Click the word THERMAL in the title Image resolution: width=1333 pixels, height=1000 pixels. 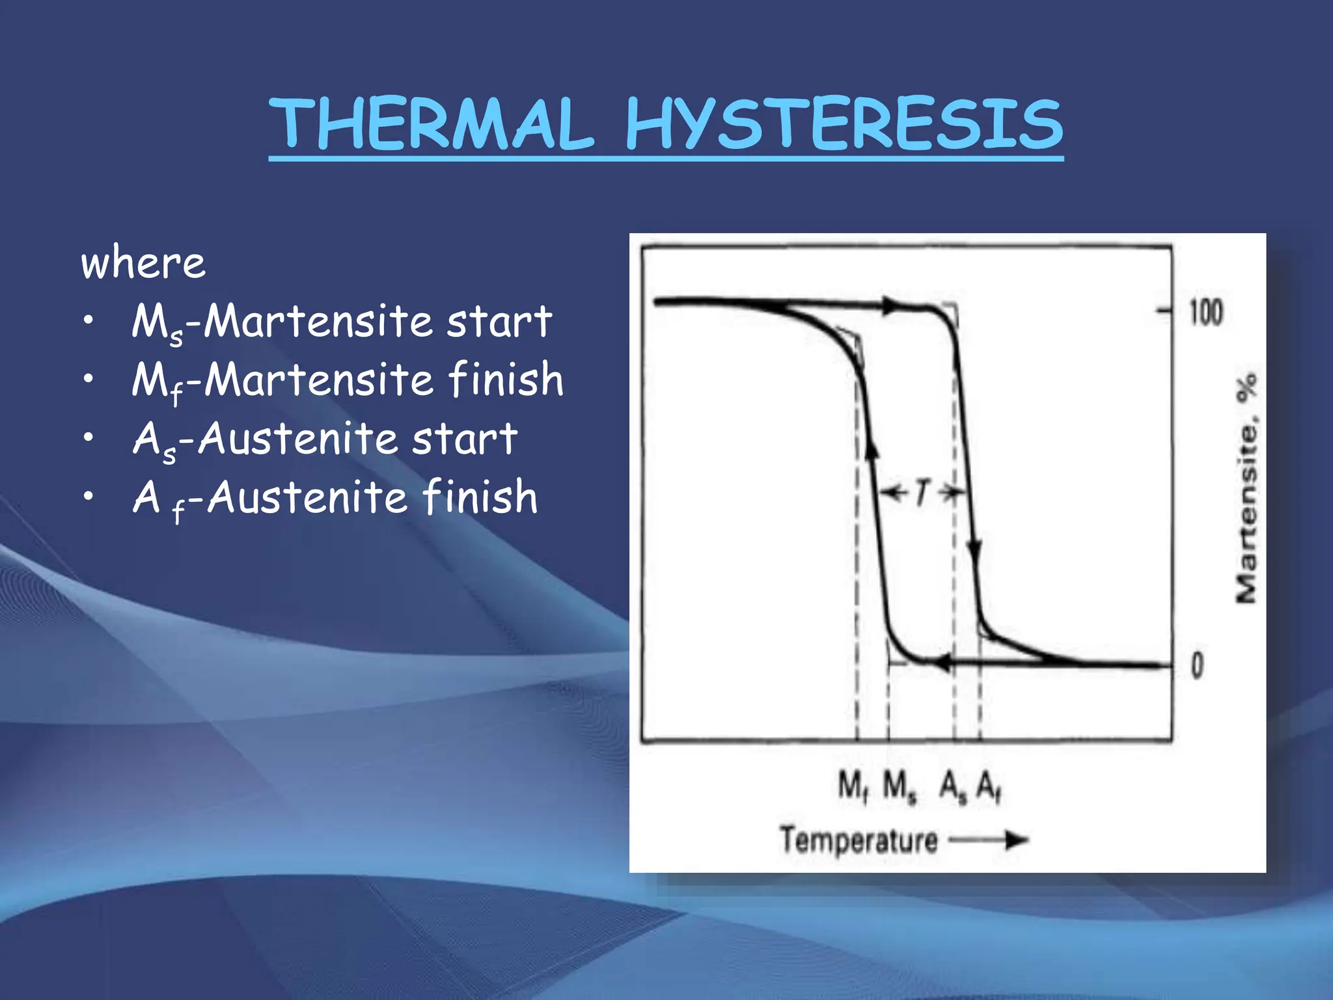tap(432, 124)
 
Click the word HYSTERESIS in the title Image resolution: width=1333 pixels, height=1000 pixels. tap(844, 124)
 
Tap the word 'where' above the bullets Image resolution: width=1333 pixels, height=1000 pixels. tap(143, 263)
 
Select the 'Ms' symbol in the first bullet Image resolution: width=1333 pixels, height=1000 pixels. tap(156, 323)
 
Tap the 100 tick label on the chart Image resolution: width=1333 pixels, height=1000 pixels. tap(1206, 312)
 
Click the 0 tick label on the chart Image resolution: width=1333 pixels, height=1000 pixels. tap(1197, 665)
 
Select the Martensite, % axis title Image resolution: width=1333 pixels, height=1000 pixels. tap(1246, 488)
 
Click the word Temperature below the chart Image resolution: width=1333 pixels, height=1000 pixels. tap(859, 840)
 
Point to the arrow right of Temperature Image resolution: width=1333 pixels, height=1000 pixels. tap(989, 840)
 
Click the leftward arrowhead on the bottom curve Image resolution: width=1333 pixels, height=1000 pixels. tap(942, 664)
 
